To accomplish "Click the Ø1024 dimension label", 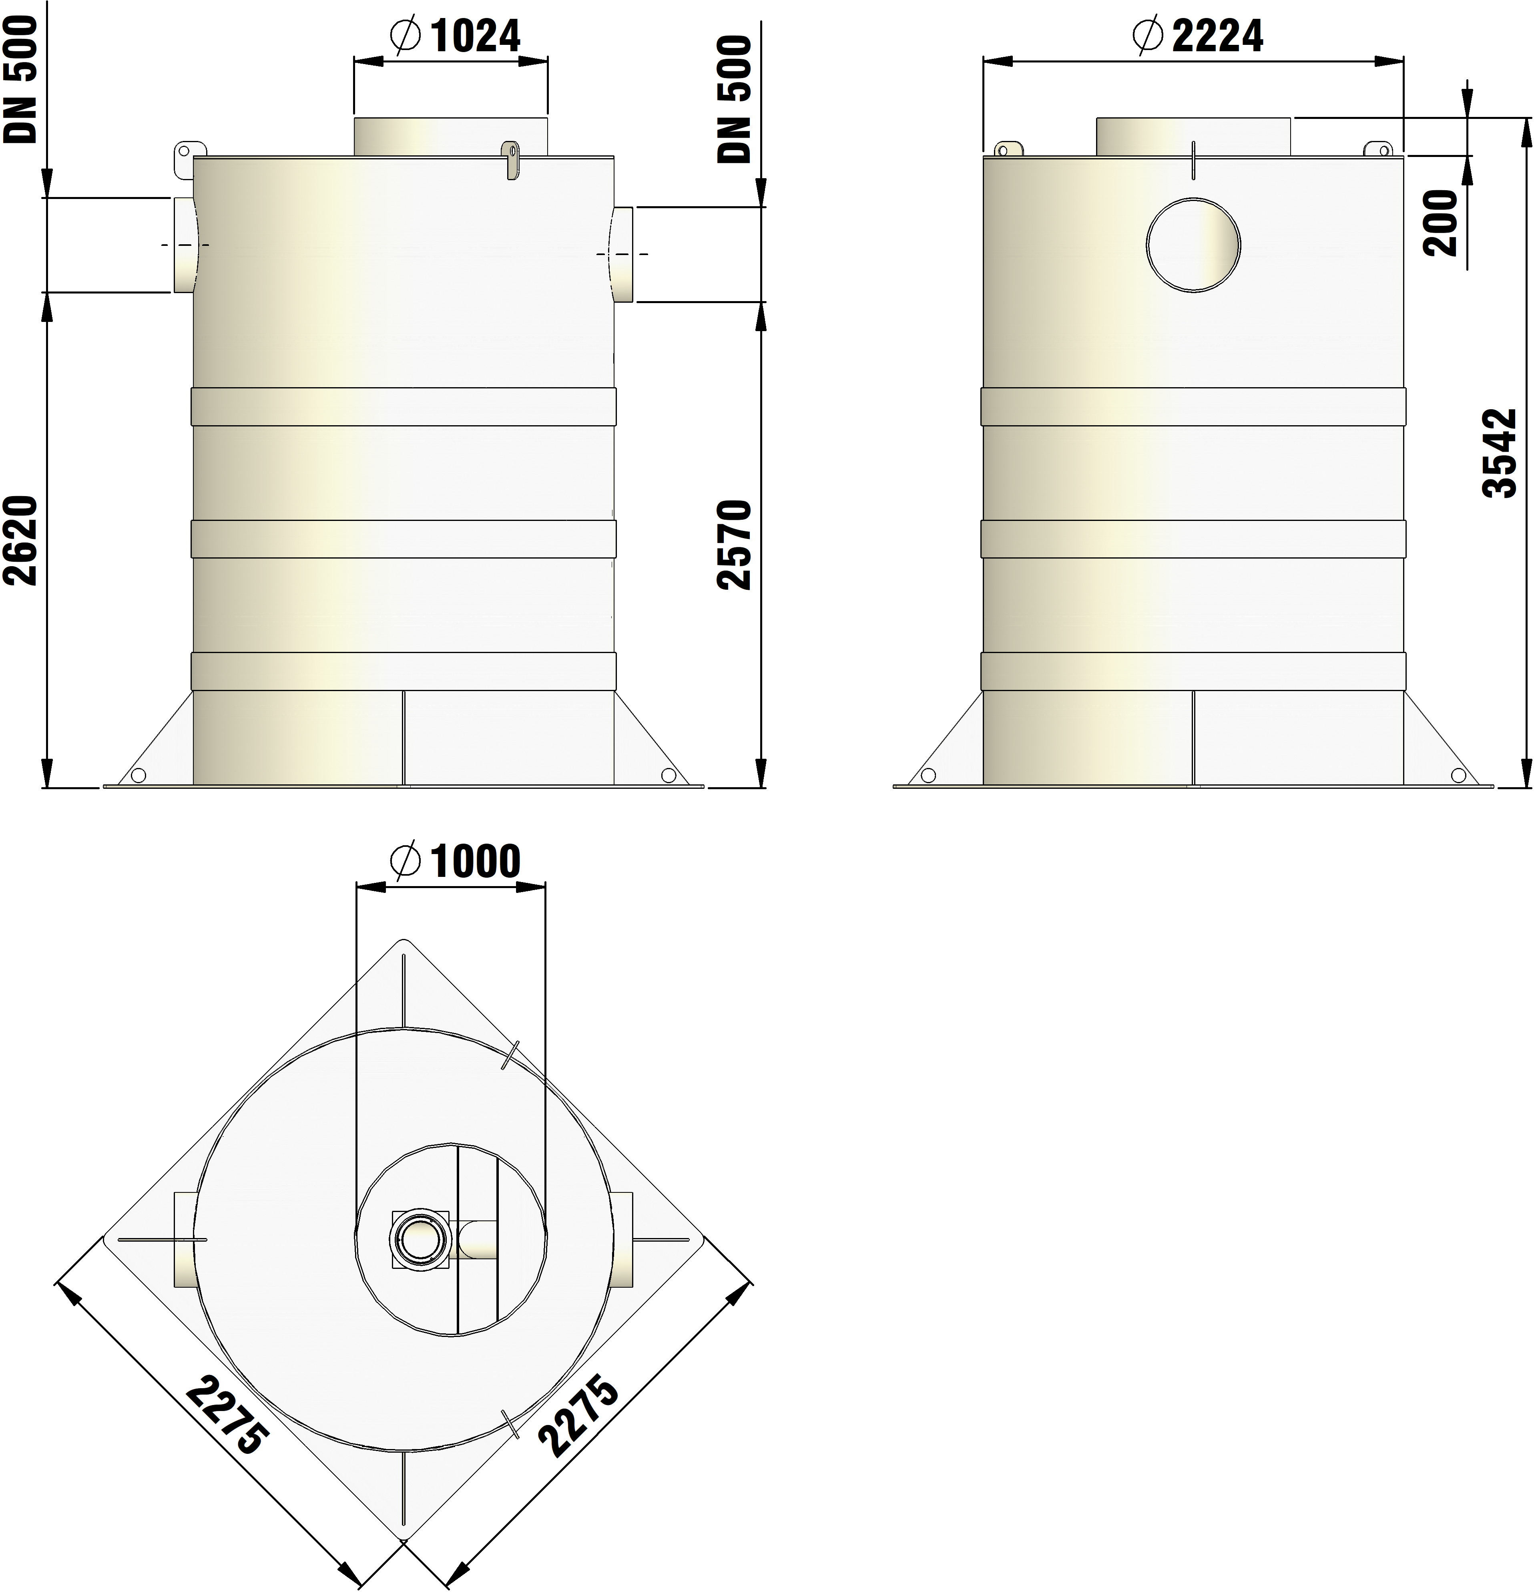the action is click(x=455, y=36).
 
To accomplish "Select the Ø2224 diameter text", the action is click(x=1197, y=36).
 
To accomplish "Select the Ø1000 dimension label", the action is click(x=455, y=862).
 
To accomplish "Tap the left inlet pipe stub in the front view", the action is click(x=184, y=245).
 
